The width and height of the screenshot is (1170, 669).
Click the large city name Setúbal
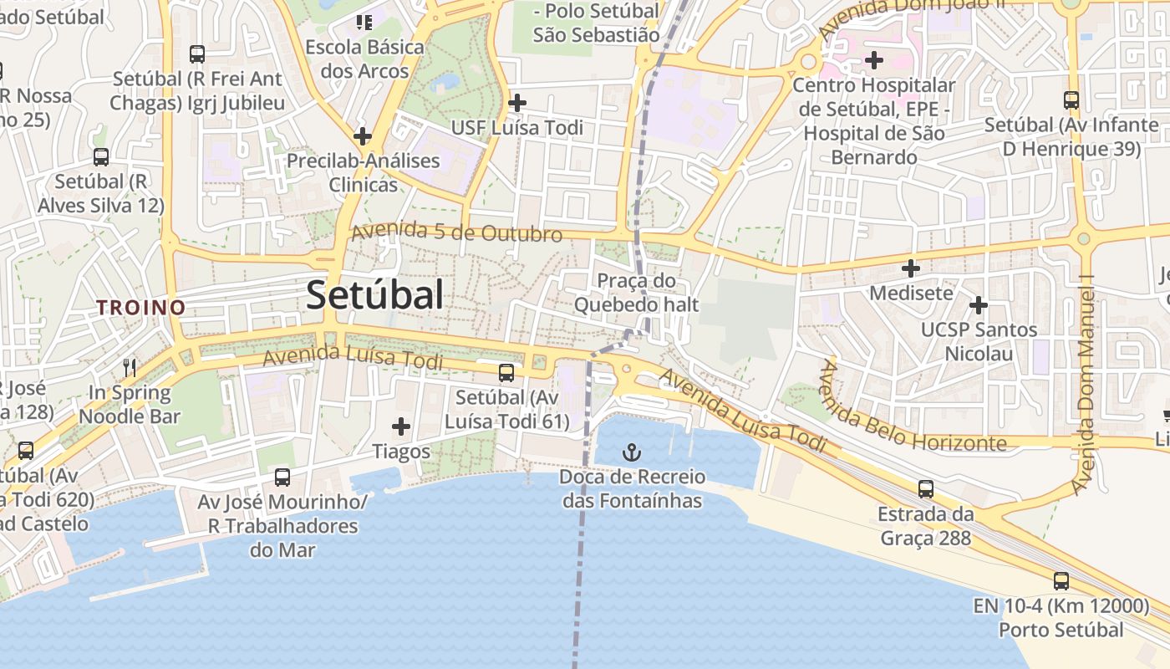click(374, 295)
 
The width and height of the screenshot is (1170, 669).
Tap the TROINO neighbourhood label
click(140, 307)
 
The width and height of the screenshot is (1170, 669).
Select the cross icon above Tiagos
click(401, 426)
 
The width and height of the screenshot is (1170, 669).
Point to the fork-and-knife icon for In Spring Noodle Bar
click(130, 367)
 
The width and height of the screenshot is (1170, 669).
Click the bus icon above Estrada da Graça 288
click(925, 488)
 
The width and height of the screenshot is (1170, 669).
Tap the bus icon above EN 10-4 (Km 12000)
click(1061, 580)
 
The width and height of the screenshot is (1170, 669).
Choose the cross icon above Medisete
click(911, 268)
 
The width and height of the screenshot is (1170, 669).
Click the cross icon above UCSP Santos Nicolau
click(978, 305)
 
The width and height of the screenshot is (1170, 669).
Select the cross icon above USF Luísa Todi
click(517, 103)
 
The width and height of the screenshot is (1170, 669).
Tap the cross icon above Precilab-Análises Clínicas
click(362, 135)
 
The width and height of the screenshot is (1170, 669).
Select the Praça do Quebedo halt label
click(636, 293)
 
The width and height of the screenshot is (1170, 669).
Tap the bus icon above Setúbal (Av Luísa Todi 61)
click(506, 373)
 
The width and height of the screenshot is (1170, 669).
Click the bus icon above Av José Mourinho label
click(282, 477)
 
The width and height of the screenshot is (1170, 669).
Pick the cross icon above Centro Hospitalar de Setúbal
click(873, 60)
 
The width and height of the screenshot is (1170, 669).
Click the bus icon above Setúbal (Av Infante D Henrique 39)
click(1071, 100)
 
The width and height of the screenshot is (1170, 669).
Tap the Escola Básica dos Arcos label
click(364, 59)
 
